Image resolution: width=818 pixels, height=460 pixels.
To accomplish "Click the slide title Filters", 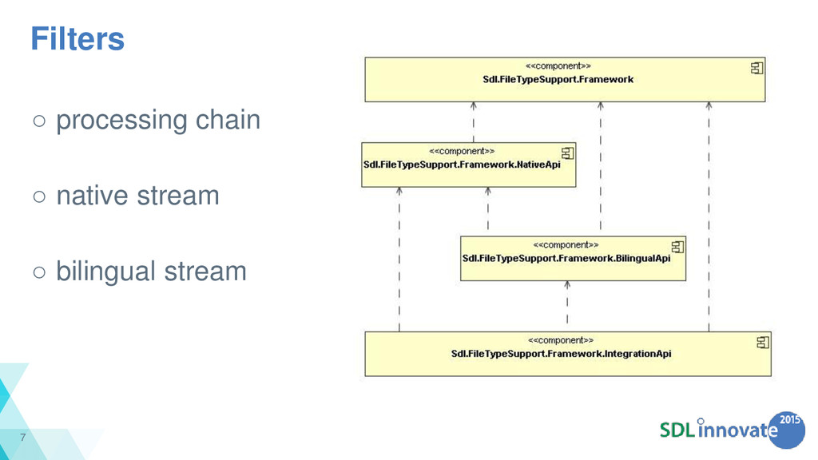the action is coord(77,38).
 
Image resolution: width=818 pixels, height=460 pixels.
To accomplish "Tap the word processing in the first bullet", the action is coord(121,121).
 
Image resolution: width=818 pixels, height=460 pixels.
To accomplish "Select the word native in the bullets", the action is coord(93,196).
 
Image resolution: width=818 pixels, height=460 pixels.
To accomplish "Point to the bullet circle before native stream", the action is coord(39,196).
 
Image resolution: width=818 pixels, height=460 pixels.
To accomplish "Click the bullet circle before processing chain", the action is coord(39,121).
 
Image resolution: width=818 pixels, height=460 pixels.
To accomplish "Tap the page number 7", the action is coord(23,437).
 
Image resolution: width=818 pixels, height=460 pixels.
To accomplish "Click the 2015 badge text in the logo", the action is coord(789,419).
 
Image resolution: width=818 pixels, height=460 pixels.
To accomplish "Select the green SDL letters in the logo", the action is coord(677,430).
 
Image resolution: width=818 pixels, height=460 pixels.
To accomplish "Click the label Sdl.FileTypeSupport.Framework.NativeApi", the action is coord(462,165).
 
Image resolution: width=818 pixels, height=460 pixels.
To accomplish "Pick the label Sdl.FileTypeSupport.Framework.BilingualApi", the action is coord(566,259).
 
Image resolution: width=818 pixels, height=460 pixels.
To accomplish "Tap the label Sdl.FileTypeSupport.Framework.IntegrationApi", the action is coord(561,354).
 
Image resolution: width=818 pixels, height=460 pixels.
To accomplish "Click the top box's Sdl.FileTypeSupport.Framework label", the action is coord(558,79).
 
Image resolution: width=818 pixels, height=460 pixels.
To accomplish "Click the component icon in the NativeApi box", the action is coord(568,153).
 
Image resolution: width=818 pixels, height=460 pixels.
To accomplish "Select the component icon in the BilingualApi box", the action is coord(677,247).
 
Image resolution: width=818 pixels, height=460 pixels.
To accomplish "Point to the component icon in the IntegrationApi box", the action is coord(763,342).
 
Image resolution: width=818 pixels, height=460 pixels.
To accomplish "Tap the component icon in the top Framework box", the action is coord(756,68).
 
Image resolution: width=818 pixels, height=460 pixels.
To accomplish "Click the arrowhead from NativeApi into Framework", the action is coord(473,105).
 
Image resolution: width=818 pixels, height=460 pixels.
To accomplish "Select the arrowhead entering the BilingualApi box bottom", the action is coord(567,285).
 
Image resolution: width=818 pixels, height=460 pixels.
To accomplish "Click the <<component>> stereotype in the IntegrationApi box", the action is coord(561,340).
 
